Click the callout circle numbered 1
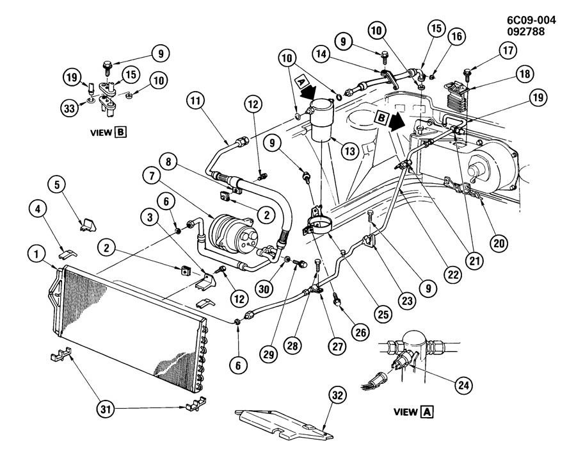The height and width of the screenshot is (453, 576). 36,254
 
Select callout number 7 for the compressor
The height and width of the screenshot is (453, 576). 152,176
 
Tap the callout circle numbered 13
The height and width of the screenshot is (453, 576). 349,151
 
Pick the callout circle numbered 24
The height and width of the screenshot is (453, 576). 463,385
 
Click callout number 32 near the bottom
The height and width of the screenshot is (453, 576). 337,395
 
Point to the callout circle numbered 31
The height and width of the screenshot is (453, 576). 106,409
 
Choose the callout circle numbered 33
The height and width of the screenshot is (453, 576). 69,108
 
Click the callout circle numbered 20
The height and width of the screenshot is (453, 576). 499,243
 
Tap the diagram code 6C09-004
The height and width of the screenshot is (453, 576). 532,21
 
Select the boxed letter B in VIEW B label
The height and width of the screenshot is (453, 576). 120,132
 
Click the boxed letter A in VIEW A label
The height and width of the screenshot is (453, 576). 427,412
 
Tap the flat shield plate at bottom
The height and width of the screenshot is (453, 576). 284,424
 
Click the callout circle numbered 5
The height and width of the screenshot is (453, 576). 57,185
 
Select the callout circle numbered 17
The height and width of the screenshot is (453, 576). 508,51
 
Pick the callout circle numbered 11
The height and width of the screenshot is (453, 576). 195,100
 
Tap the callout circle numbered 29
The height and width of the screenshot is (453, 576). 269,354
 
